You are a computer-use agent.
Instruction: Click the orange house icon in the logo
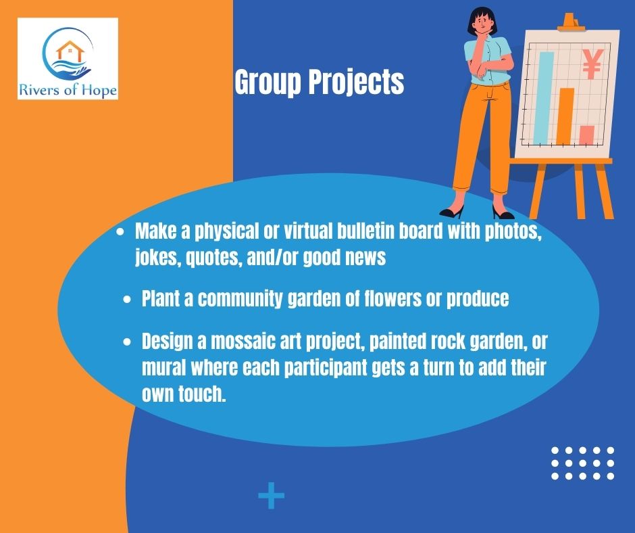70,51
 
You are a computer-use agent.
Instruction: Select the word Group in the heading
268,83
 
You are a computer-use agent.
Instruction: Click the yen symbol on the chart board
592,64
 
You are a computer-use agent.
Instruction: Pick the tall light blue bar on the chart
544,98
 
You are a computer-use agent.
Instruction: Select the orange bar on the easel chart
565,116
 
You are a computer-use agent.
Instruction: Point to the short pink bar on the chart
586,135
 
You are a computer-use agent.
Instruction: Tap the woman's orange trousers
482,137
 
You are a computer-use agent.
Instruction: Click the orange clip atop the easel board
571,23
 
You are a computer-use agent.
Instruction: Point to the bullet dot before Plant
127,300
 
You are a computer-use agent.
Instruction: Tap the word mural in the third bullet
164,368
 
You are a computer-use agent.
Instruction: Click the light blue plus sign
272,495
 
